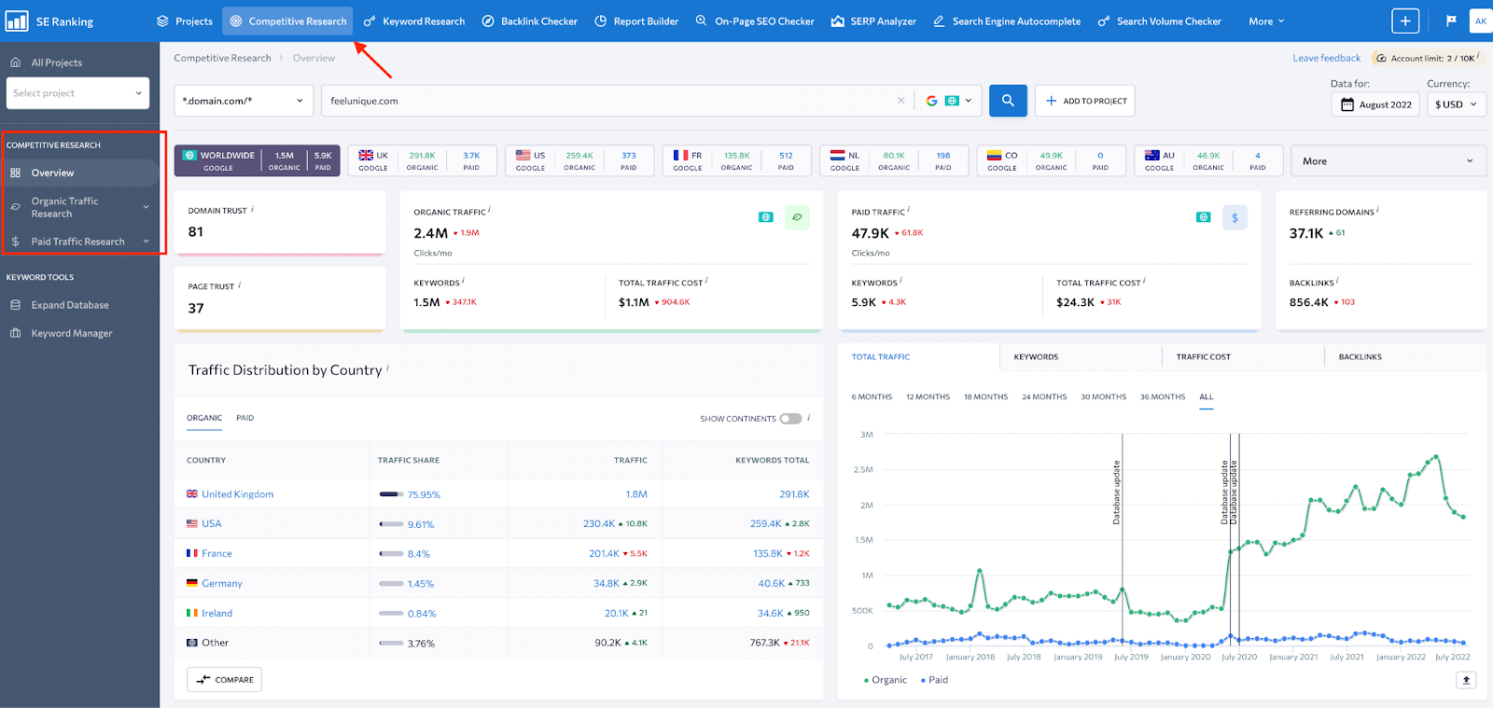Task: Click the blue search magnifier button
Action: pos(1008,101)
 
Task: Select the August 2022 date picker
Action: pos(1376,104)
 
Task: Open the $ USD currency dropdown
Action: pos(1456,104)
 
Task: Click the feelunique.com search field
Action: pos(607,101)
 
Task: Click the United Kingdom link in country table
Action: pos(237,494)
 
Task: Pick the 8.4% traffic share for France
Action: pos(418,554)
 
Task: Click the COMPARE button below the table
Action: pos(224,680)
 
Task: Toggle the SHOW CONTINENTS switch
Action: pos(790,419)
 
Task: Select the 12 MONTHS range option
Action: pos(928,397)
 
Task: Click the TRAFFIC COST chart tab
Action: pos(1203,357)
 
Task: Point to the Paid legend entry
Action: pos(934,680)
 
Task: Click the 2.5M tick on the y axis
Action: pos(863,470)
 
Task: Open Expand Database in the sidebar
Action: pos(70,305)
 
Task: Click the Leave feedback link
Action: pos(1326,58)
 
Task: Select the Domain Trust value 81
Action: pos(196,232)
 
